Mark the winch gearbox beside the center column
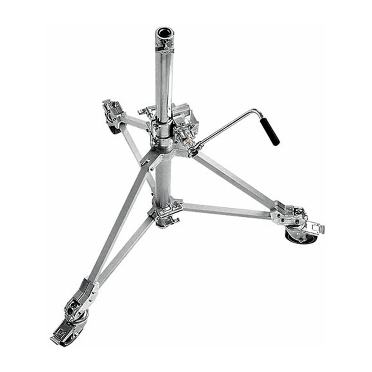tap(184, 124)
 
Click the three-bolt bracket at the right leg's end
tap(284, 217)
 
